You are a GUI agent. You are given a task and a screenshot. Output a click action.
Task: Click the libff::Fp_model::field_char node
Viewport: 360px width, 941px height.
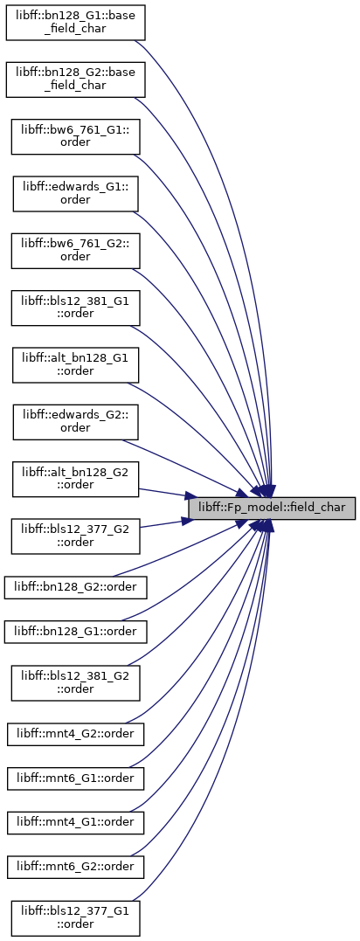click(x=272, y=508)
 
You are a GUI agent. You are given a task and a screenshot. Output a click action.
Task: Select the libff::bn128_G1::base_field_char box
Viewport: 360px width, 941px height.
click(x=76, y=23)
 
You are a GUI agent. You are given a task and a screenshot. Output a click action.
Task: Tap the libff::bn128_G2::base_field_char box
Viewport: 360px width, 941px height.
click(x=76, y=80)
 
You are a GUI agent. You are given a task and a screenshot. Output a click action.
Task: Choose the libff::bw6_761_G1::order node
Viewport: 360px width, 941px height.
click(x=76, y=137)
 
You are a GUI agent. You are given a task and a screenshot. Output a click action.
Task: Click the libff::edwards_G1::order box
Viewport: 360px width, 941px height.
click(x=76, y=194)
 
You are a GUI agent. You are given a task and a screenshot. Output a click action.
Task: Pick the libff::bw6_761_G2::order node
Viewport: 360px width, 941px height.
click(x=76, y=251)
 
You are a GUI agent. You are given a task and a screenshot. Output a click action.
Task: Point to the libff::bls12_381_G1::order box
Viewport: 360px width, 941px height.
click(x=76, y=308)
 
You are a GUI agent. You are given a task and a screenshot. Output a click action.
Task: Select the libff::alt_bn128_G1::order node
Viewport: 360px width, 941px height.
click(x=76, y=365)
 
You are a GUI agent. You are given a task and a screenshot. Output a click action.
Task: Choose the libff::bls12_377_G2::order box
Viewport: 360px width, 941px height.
click(x=76, y=536)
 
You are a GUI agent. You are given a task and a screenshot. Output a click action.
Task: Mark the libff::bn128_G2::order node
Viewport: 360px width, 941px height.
click(x=76, y=587)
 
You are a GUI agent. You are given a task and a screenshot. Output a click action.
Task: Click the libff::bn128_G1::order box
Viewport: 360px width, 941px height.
click(x=76, y=632)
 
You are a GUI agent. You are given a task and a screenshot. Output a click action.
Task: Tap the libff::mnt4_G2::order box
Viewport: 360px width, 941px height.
click(x=76, y=734)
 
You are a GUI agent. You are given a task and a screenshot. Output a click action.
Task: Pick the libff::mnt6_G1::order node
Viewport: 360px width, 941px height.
click(x=76, y=778)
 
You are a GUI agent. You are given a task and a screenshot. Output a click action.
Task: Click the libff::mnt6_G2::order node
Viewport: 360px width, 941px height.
click(x=76, y=868)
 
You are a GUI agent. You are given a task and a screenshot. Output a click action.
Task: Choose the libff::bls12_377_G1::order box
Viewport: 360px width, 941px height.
click(x=76, y=918)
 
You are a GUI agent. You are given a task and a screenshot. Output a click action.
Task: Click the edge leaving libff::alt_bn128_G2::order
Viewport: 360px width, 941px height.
click(x=163, y=493)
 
